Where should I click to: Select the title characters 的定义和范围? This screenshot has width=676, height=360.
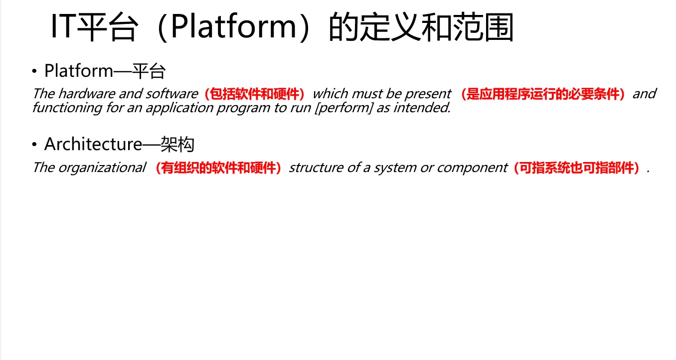(421, 28)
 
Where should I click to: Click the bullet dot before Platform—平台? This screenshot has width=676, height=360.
(34, 72)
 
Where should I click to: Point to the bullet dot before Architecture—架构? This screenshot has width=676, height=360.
(34, 145)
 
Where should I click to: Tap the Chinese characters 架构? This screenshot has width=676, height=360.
(177, 145)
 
